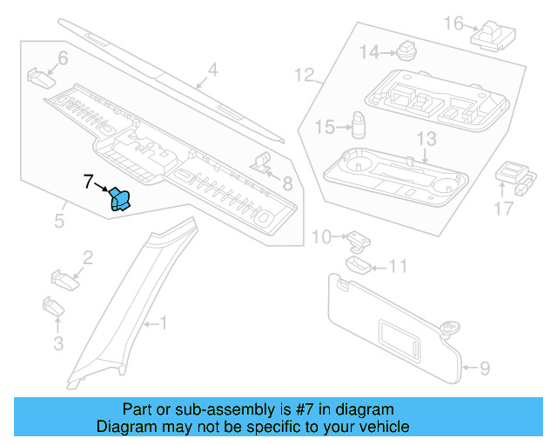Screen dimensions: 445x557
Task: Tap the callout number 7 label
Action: click(x=88, y=183)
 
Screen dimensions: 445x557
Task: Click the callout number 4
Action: click(x=212, y=70)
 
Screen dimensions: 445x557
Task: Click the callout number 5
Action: click(x=59, y=221)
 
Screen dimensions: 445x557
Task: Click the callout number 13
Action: click(x=425, y=139)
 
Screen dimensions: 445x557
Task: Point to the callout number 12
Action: click(x=303, y=76)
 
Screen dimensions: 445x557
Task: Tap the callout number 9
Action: click(x=485, y=369)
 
